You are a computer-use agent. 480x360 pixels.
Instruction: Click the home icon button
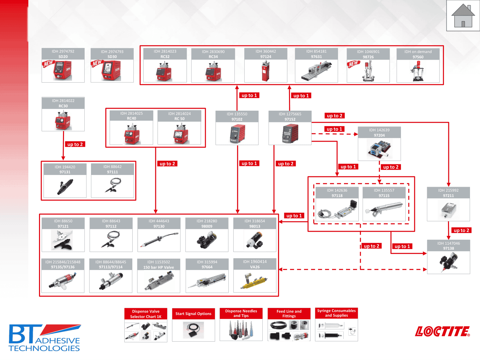(463, 16)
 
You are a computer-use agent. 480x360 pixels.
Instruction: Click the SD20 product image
(63, 70)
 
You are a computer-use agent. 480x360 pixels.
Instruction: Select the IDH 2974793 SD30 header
(112, 54)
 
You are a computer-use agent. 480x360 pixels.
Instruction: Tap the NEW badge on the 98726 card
(354, 64)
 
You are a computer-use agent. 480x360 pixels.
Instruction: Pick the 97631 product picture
(316, 71)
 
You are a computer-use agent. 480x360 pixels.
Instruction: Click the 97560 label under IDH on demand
(418, 57)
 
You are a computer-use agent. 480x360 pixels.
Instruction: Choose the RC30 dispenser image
(63, 120)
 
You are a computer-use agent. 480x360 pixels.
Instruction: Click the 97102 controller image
(237, 133)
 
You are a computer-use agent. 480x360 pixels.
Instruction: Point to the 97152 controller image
(290, 133)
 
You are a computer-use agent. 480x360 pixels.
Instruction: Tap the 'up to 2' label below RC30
(75, 144)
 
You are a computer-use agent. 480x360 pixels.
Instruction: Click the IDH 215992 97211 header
(448, 193)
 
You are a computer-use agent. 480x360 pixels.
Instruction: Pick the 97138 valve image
(449, 262)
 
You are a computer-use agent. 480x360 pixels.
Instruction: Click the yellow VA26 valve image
(255, 281)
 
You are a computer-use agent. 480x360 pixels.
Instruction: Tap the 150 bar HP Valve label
(159, 267)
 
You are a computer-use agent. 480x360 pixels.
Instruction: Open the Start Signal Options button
(193, 314)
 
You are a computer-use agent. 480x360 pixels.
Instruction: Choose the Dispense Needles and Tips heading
(241, 313)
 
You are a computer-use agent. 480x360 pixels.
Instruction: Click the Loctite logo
(442, 331)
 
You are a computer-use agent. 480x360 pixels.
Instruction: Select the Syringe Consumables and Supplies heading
(336, 313)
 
